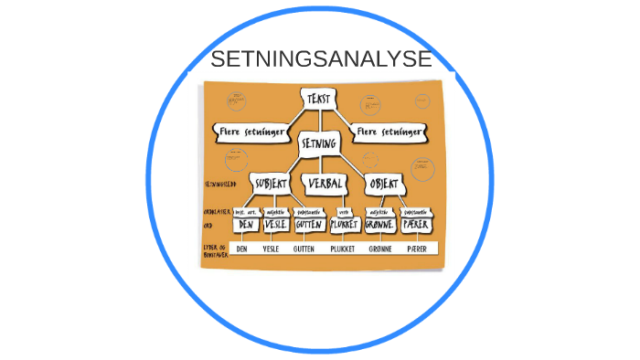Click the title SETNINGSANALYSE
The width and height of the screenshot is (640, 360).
(321, 60)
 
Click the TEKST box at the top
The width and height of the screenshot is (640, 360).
(319, 99)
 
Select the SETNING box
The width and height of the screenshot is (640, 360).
(319, 143)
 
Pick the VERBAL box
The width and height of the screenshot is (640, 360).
(324, 184)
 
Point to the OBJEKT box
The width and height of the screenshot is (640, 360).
(382, 184)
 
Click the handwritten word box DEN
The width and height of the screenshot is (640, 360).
(244, 225)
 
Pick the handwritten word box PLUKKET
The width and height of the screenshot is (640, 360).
(344, 225)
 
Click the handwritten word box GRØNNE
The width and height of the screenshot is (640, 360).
(379, 225)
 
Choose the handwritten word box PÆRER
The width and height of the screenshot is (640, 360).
(416, 225)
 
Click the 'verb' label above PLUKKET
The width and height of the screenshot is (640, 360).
(344, 211)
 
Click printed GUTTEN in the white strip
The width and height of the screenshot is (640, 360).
(304, 249)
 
